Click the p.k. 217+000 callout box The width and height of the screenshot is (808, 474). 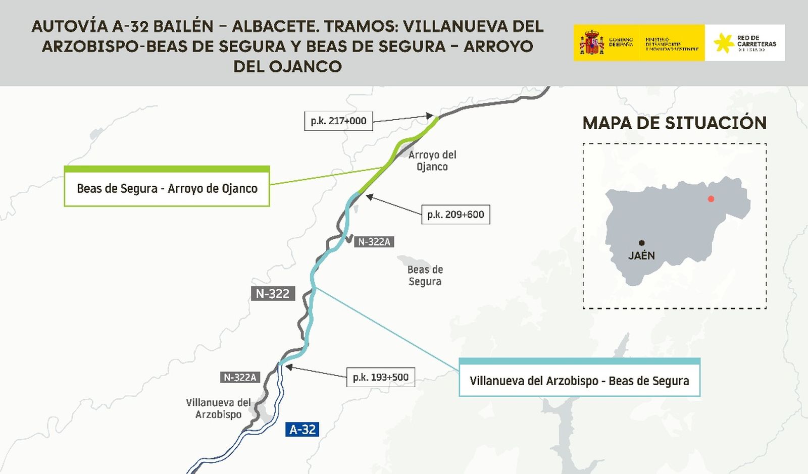coord(338,121)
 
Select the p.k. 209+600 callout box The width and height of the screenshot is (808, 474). coord(456,215)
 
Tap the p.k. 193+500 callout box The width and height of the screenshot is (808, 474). coord(380,377)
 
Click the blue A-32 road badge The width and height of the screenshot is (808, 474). coord(302,430)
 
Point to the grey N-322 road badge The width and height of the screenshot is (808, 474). coord(273,293)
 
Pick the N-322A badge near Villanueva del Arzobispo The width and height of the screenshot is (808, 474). coord(240,377)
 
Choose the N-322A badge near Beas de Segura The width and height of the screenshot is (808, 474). coord(374,242)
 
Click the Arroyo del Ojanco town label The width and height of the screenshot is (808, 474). coord(432,161)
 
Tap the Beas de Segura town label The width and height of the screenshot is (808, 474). coord(425,276)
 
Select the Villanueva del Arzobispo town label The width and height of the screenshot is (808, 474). coord(218,408)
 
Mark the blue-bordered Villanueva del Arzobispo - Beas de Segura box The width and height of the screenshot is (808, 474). coord(579,379)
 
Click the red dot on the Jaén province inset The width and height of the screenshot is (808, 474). coord(711,199)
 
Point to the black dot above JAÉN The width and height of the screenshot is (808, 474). coord(641,243)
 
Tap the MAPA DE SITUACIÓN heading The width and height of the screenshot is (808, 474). coord(674,123)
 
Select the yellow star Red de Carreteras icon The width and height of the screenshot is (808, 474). coord(724,43)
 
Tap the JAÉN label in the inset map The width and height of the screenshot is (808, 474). coord(641,255)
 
